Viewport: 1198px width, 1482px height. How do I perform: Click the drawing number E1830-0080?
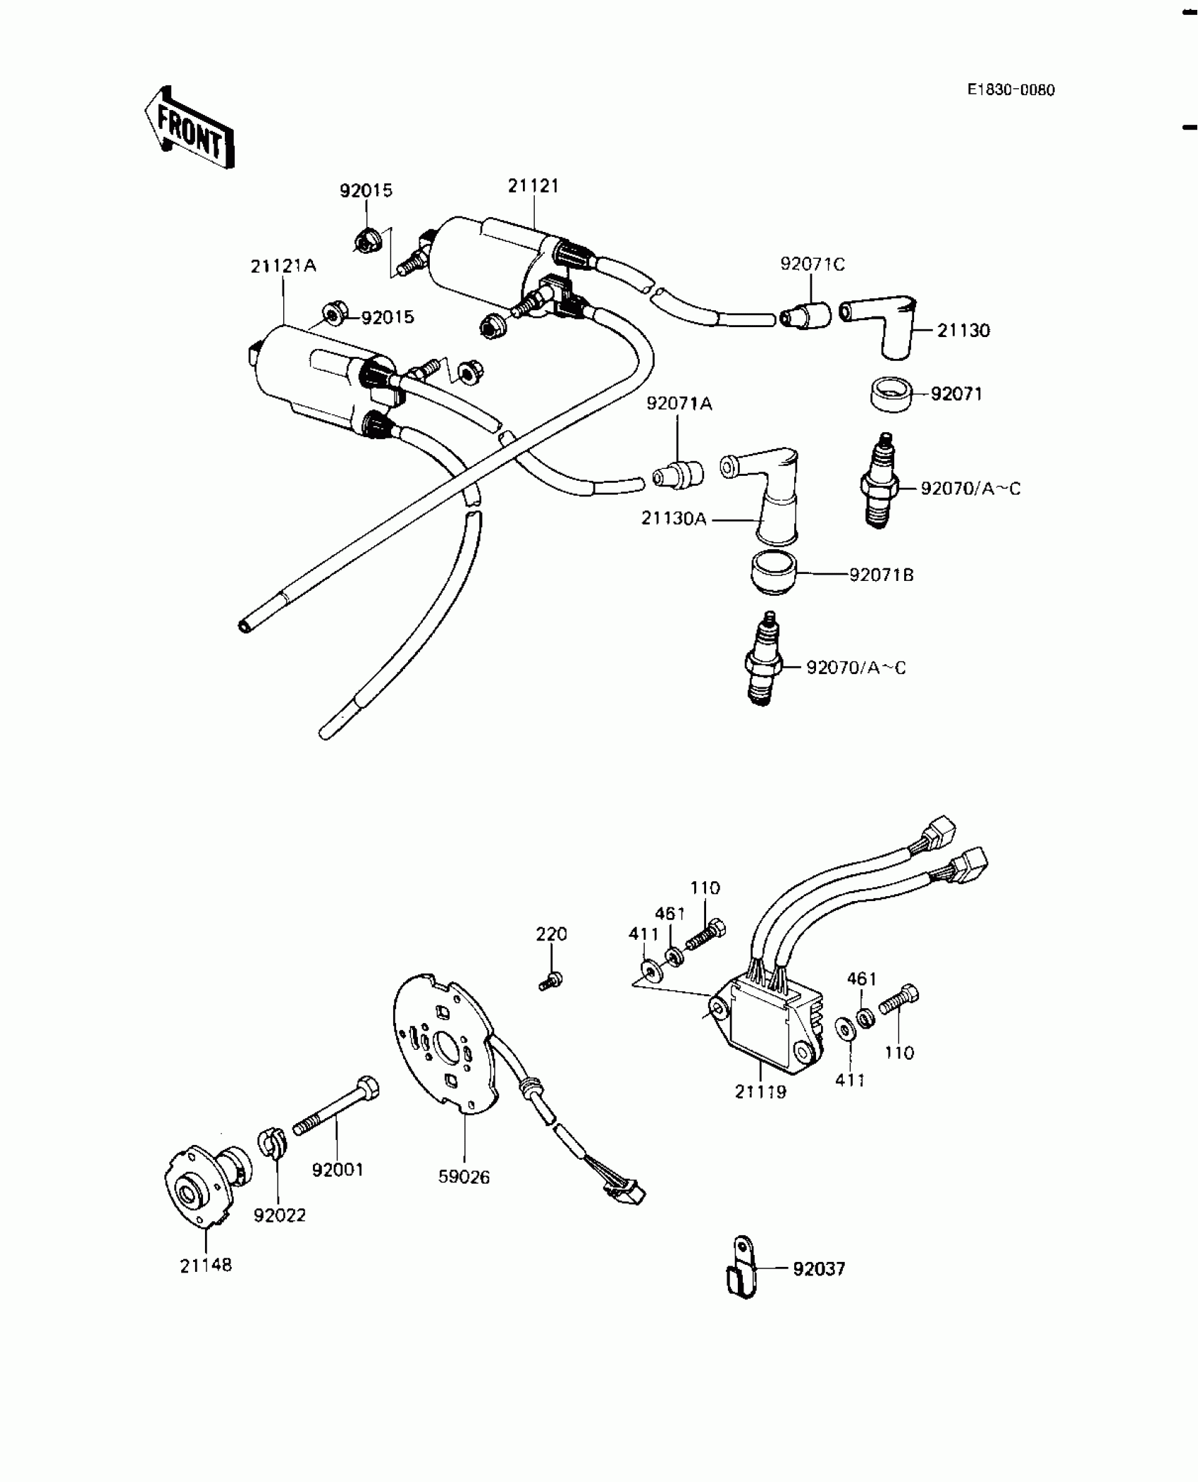(1011, 90)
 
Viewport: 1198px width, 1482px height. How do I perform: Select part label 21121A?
(283, 267)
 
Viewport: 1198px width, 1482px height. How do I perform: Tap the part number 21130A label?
(673, 519)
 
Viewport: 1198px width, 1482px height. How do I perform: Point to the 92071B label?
(881, 575)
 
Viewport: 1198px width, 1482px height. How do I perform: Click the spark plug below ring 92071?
(879, 482)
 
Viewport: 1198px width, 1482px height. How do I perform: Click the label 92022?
(280, 1215)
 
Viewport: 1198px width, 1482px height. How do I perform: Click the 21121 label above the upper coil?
(533, 186)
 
